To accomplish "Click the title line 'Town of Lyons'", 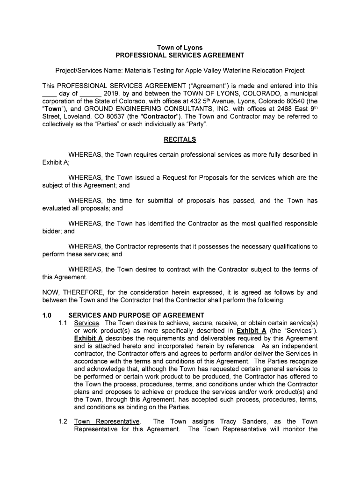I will pyautogui.click(x=180, y=48).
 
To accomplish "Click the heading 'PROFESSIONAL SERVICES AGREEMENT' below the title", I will pyautogui.click(x=180, y=55).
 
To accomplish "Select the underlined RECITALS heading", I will pyautogui.click(x=180, y=139).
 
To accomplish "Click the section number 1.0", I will pyautogui.click(x=47, y=315).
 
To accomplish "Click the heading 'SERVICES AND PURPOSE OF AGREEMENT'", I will pyautogui.click(x=136, y=315).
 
